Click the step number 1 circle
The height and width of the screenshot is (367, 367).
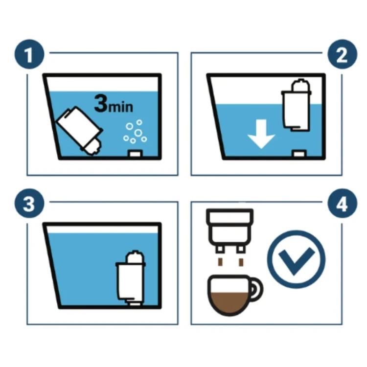29,54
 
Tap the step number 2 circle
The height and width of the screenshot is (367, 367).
342,54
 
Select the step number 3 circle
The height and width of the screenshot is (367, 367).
29,204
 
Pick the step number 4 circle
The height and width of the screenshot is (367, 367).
342,204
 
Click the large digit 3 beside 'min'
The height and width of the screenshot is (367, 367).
101,103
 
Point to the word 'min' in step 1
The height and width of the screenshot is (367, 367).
121,107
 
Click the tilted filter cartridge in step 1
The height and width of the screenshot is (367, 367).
80,130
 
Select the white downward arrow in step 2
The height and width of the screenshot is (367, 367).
261,134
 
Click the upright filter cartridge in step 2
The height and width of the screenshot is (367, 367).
297,105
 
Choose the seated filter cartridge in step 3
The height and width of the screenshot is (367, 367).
131,277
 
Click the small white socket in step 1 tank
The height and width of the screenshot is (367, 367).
135,154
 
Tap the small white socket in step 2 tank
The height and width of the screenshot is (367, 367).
299,154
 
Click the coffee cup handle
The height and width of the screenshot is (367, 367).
256,289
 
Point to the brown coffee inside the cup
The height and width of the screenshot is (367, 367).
229,302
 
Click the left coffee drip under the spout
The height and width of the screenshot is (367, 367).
220,262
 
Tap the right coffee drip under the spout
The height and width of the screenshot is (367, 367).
241,262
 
